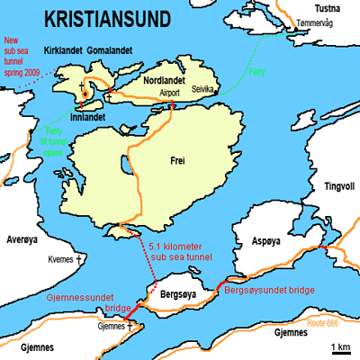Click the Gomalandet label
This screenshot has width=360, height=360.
click(x=112, y=52)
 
